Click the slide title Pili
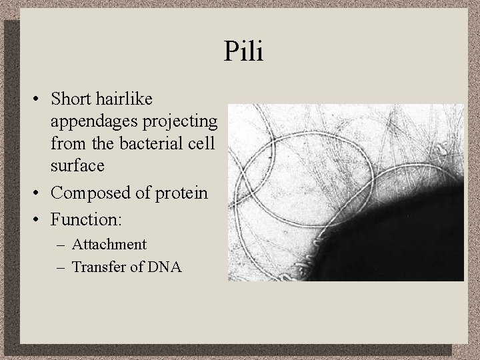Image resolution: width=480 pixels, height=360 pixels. pyautogui.click(x=244, y=51)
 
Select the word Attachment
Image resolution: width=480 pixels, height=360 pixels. pyautogui.click(x=111, y=245)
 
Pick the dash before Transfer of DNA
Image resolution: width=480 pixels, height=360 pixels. pyautogui.click(x=63, y=268)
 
